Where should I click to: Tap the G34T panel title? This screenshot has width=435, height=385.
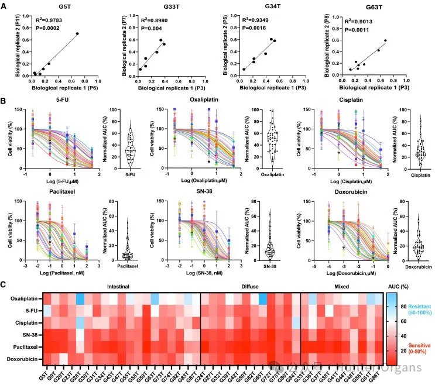(x=271, y=7)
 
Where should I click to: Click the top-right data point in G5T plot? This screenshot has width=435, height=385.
(x=77, y=34)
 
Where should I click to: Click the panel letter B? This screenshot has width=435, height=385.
(x=4, y=101)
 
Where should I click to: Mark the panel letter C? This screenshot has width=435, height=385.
(x=4, y=284)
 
